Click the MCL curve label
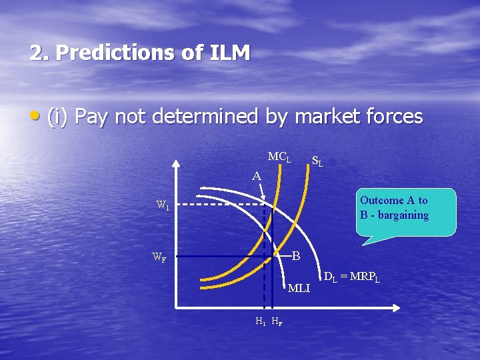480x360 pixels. [x=279, y=157]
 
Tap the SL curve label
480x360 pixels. [x=318, y=161]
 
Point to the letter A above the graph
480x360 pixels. [x=257, y=177]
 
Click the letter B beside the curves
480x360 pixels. [x=296, y=256]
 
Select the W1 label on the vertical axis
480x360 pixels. [x=163, y=205]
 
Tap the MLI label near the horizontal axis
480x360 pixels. [x=299, y=288]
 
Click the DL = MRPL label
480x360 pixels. [x=351, y=277]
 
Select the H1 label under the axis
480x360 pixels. [x=260, y=321]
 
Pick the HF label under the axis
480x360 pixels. [x=277, y=321]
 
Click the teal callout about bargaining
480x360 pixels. [x=406, y=212]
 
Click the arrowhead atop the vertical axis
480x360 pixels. [x=176, y=164]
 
